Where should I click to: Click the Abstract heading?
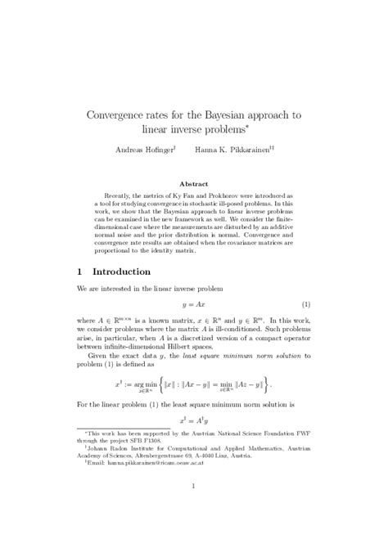click(x=194, y=185)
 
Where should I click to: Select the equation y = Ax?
click(x=194, y=303)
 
